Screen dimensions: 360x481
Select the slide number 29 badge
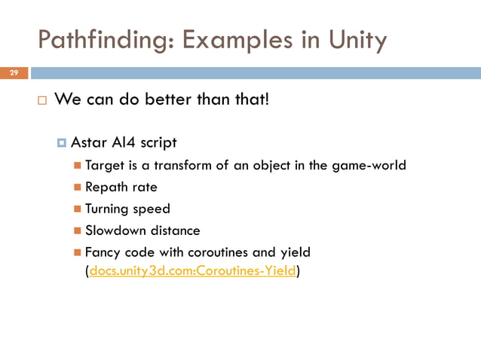pos(13,73)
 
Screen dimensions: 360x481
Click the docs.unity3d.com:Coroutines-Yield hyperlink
pos(193,271)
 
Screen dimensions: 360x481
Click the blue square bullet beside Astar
pos(62,143)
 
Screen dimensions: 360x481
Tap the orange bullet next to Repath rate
pos(78,188)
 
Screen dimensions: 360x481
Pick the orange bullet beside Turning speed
pos(78,209)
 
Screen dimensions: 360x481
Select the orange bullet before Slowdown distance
pos(78,230)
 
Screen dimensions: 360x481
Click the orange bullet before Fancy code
pos(78,252)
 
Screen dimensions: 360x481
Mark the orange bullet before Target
pos(78,166)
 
